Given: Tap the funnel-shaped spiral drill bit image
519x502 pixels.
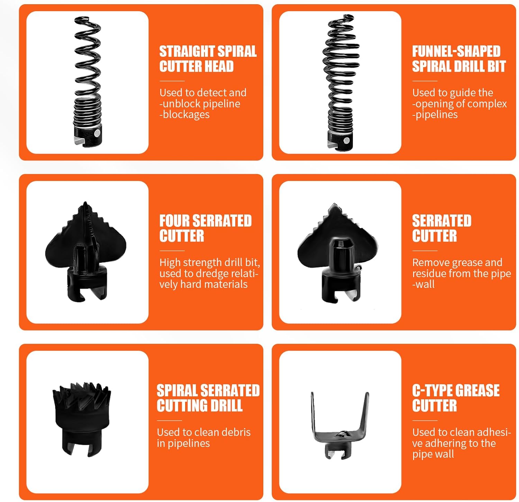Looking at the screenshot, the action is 341,82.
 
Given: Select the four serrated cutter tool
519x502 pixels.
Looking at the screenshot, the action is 86,252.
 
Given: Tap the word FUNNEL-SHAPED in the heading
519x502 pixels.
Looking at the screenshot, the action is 456,51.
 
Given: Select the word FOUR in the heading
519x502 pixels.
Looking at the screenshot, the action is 174,221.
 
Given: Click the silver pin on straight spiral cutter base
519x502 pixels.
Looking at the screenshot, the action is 98,133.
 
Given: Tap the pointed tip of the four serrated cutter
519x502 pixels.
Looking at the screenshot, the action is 85,202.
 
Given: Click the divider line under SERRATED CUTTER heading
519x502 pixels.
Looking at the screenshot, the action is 425,251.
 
